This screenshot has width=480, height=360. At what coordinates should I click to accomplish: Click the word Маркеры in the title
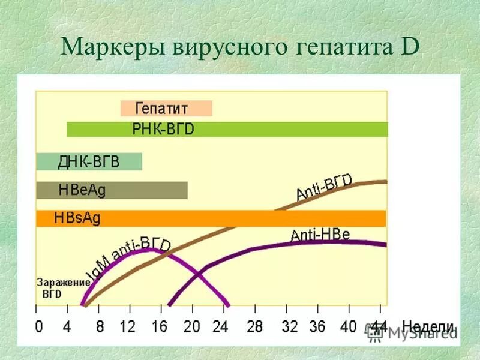pyautogui.click(x=103, y=47)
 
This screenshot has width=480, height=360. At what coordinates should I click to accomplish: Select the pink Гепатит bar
pyautogui.click(x=166, y=109)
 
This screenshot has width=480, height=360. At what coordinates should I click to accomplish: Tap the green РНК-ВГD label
pyautogui.click(x=164, y=130)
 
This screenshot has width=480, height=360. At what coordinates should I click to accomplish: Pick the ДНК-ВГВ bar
pyautogui.click(x=88, y=162)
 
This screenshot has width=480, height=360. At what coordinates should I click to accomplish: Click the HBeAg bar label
pyautogui.click(x=82, y=190)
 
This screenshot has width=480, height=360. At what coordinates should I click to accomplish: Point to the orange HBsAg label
pyautogui.click(x=77, y=218)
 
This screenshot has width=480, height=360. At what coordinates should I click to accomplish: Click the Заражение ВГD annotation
pyautogui.click(x=62, y=287)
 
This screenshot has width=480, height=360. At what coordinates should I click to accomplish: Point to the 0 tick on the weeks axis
pyautogui.click(x=39, y=327)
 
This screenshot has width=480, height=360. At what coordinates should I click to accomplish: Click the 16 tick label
pyautogui.click(x=159, y=327)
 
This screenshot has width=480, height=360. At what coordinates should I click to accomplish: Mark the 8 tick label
pyautogui.click(x=99, y=327)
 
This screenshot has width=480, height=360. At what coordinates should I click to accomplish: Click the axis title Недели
pyautogui.click(x=428, y=327)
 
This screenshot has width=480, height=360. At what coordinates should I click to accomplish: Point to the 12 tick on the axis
pyautogui.click(x=127, y=327)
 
